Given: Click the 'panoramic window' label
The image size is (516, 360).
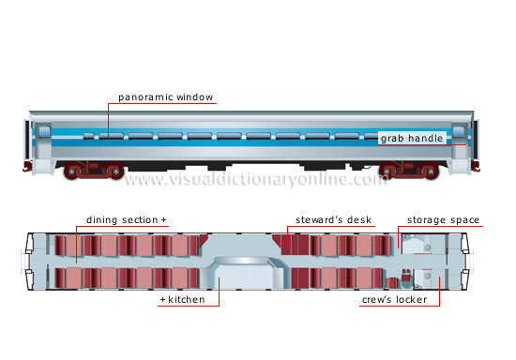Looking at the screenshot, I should (166, 97).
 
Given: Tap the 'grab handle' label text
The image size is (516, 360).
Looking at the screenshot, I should (411, 139).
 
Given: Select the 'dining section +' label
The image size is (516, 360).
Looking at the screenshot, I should (127, 220).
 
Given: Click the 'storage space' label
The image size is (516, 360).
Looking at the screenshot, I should (443, 220).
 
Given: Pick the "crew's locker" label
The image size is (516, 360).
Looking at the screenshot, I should (395, 300).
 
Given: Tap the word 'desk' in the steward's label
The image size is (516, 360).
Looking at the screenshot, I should (358, 220).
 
